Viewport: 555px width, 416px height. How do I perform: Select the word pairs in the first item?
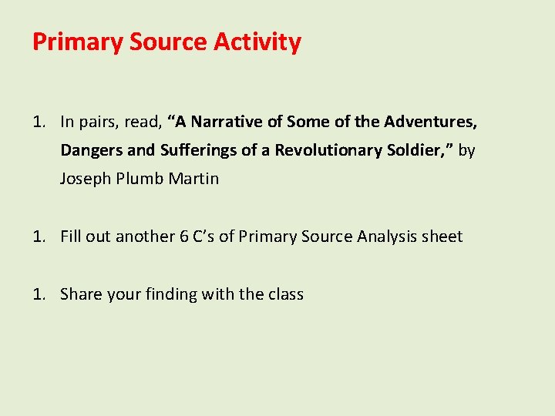[99, 122]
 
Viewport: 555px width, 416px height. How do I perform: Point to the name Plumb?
[136, 179]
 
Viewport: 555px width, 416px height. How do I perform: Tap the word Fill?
[70, 237]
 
